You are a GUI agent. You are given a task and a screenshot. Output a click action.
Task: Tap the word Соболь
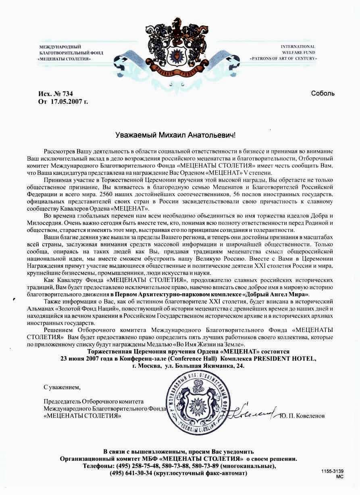coord(323,93)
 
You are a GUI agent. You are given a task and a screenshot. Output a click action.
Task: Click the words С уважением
coord(62,387)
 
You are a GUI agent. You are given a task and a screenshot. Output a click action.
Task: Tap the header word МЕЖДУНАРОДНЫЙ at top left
coord(60,47)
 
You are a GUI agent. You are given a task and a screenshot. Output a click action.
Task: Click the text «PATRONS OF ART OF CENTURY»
coord(283,59)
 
